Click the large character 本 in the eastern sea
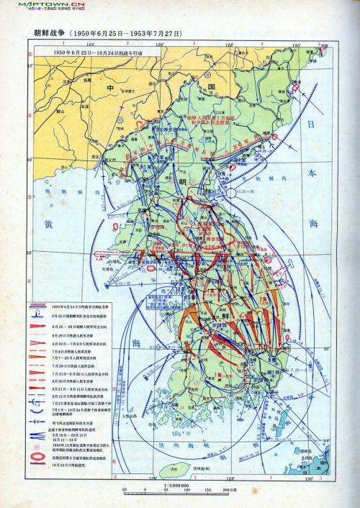[x=311, y=173]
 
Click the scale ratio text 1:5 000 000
[x=177, y=486]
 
